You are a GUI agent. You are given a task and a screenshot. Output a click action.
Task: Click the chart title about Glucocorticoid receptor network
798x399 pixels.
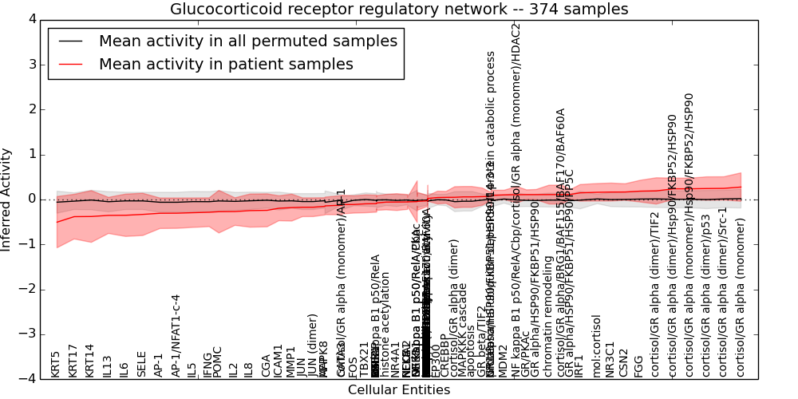pyautogui.click(x=399, y=10)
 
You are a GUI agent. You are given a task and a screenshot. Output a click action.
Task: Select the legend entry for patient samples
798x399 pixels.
pyautogui.click(x=225, y=65)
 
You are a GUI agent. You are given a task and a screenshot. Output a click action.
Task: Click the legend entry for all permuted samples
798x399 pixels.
pyautogui.click(x=247, y=41)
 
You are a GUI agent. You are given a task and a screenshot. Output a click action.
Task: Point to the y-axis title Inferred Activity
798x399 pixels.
pyautogui.click(x=7, y=199)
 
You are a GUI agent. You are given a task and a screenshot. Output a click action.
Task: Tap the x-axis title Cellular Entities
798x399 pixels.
pyautogui.click(x=399, y=390)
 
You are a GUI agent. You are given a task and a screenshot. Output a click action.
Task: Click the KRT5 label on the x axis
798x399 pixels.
pyautogui.click(x=56, y=364)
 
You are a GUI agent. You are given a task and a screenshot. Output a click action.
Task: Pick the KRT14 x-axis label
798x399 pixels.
pyautogui.click(x=90, y=360)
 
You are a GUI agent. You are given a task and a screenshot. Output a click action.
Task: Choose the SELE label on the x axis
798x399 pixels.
pyautogui.click(x=142, y=364)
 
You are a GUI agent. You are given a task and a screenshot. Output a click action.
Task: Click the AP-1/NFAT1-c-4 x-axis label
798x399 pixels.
pyautogui.click(x=176, y=335)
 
